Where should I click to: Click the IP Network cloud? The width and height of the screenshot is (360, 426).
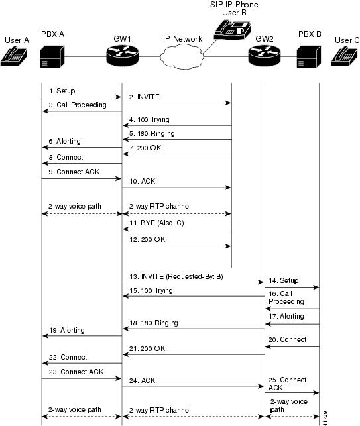[182, 59]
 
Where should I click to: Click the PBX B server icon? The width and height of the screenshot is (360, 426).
[310, 58]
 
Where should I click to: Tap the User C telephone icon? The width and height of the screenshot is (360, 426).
[345, 58]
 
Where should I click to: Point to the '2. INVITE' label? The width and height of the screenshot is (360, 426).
[145, 96]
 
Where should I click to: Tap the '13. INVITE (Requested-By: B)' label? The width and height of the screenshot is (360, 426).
[174, 276]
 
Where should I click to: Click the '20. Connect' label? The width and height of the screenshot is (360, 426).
[288, 339]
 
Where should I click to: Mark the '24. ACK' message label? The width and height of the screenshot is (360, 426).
[140, 381]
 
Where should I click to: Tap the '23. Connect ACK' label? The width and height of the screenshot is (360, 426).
[71, 372]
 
